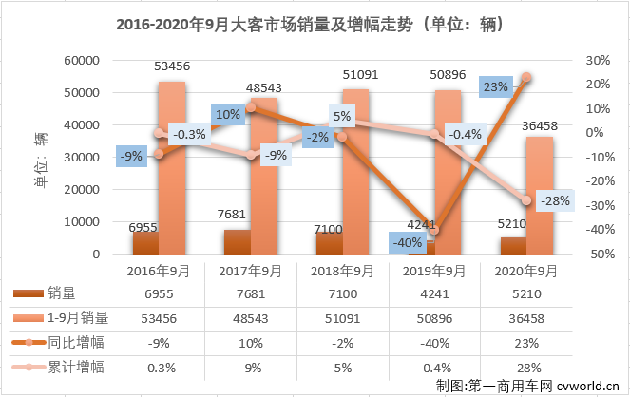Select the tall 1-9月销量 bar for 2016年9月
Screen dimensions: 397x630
tap(171, 171)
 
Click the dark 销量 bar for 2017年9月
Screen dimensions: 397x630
tap(238, 241)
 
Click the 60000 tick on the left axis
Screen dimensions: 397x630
tap(83, 61)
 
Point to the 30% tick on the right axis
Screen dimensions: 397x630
tap(596, 61)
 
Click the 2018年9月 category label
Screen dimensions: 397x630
tap(342, 272)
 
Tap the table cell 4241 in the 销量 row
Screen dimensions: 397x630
tap(433, 294)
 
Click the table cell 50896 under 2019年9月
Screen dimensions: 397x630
tap(433, 318)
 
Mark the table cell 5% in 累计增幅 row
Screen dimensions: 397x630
tap(342, 366)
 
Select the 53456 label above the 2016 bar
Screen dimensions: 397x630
tap(171, 65)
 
